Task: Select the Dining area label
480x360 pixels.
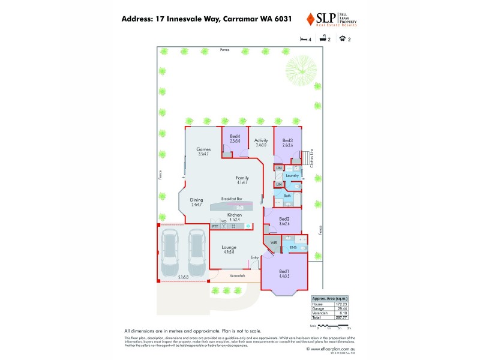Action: [197, 202]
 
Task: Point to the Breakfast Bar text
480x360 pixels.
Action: [232, 199]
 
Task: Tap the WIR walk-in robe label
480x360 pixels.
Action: [274, 242]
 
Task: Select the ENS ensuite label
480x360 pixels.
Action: [293, 247]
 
